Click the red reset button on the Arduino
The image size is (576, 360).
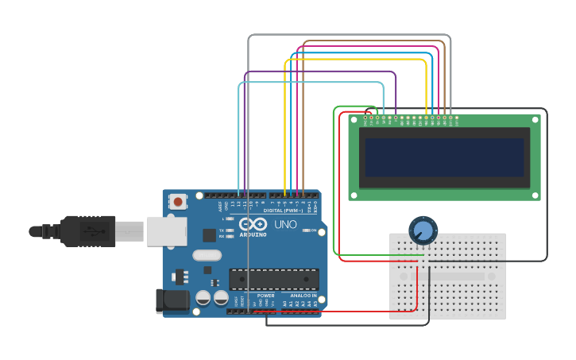tap(177, 202)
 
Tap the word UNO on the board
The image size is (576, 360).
tap(285, 225)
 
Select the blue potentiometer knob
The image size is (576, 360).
tap(423, 231)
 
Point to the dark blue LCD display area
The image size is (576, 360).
tap(444, 157)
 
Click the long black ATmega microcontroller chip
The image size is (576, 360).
tap(274, 279)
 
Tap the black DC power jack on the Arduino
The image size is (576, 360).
tap(172, 300)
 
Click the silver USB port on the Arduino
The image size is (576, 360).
tap(165, 231)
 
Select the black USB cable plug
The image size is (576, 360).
tap(88, 231)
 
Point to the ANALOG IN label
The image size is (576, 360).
tap(303, 296)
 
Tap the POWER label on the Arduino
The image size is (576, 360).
tap(265, 296)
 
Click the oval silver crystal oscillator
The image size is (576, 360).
tap(207, 256)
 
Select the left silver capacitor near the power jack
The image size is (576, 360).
tap(203, 298)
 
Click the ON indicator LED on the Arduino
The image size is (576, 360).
tap(305, 230)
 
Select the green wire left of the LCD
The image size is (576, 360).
tap(334, 183)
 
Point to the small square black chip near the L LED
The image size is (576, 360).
tap(209, 234)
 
